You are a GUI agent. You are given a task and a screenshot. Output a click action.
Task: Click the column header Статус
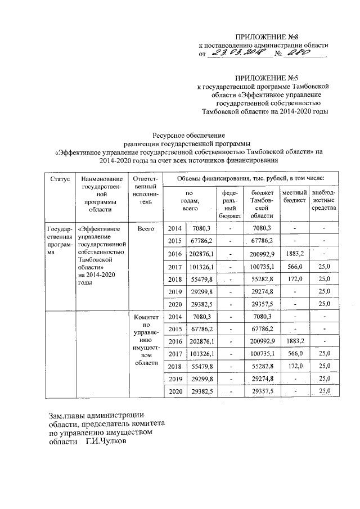(60, 179)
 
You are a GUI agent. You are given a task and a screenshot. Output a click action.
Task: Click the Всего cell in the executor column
(146, 228)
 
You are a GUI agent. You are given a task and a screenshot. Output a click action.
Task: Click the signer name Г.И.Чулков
(107, 442)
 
